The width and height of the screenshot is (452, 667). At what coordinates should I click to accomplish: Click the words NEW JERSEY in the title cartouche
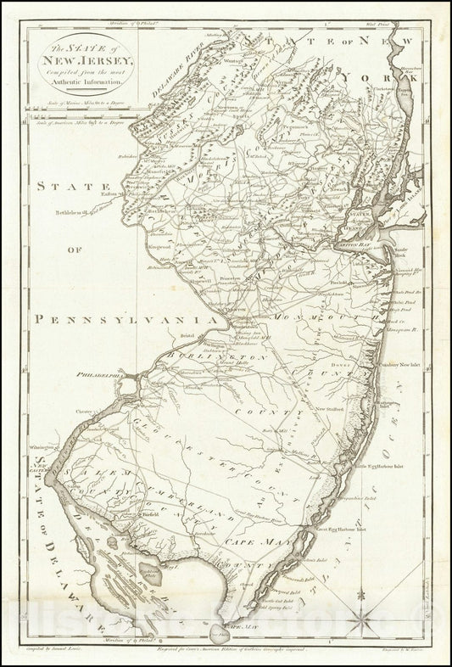pyautogui.click(x=82, y=61)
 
